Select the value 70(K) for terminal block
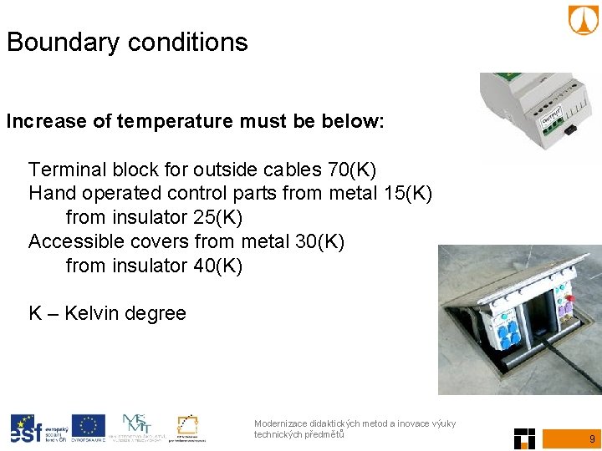click(x=352, y=170)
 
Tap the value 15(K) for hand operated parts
click(x=408, y=194)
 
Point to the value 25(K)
click(x=217, y=218)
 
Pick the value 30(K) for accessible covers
click(x=320, y=242)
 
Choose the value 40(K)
click(x=217, y=266)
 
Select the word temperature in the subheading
click(x=172, y=122)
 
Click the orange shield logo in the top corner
click(x=584, y=20)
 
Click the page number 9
click(x=592, y=438)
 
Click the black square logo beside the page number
click(x=524, y=438)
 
